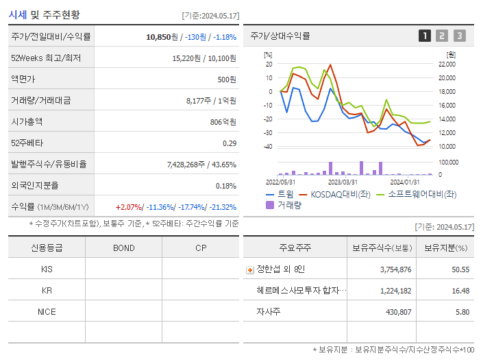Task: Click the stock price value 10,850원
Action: pyautogui.click(x=163, y=37)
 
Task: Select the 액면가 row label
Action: pyautogui.click(x=24, y=80)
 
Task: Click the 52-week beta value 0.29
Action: pyautogui.click(x=230, y=143)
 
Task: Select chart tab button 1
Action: pyautogui.click(x=425, y=36)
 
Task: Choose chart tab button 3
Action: pyautogui.click(x=459, y=36)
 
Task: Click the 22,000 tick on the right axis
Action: pyautogui.click(x=446, y=64)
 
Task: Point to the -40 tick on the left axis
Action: pyautogui.click(x=268, y=146)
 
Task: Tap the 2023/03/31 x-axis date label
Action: pyautogui.click(x=343, y=182)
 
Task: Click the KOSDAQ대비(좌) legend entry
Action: pyautogui.click(x=334, y=194)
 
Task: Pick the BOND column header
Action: pyautogui.click(x=123, y=248)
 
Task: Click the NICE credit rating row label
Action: pyautogui.click(x=47, y=311)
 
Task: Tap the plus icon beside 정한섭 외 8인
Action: pyautogui.click(x=249, y=269)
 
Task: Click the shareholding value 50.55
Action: pyautogui.click(x=458, y=269)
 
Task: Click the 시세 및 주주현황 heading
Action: pyautogui.click(x=44, y=14)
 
